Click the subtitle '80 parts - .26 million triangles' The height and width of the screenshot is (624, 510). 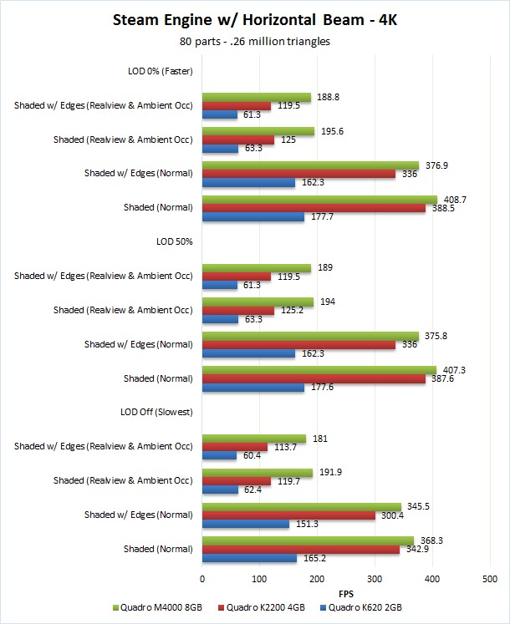pos(254,41)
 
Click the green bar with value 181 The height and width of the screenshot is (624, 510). pos(254,438)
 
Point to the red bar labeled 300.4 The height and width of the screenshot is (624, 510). pos(288,515)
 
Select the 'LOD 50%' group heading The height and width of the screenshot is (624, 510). pos(174,241)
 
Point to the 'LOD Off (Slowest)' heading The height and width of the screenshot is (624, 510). pos(157,412)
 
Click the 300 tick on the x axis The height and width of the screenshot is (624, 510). pos(375,578)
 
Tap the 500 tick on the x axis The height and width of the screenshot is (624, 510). pos(489,578)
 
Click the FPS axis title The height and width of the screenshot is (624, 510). pos(346,594)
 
